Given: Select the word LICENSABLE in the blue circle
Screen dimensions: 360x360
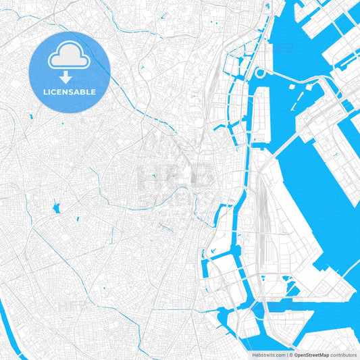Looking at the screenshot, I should coord(70,91).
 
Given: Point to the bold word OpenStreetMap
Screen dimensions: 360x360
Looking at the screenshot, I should coord(311,354).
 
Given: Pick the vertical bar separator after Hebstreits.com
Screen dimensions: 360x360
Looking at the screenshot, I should coord(286,354).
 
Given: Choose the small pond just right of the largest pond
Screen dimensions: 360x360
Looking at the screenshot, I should coord(76,220).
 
